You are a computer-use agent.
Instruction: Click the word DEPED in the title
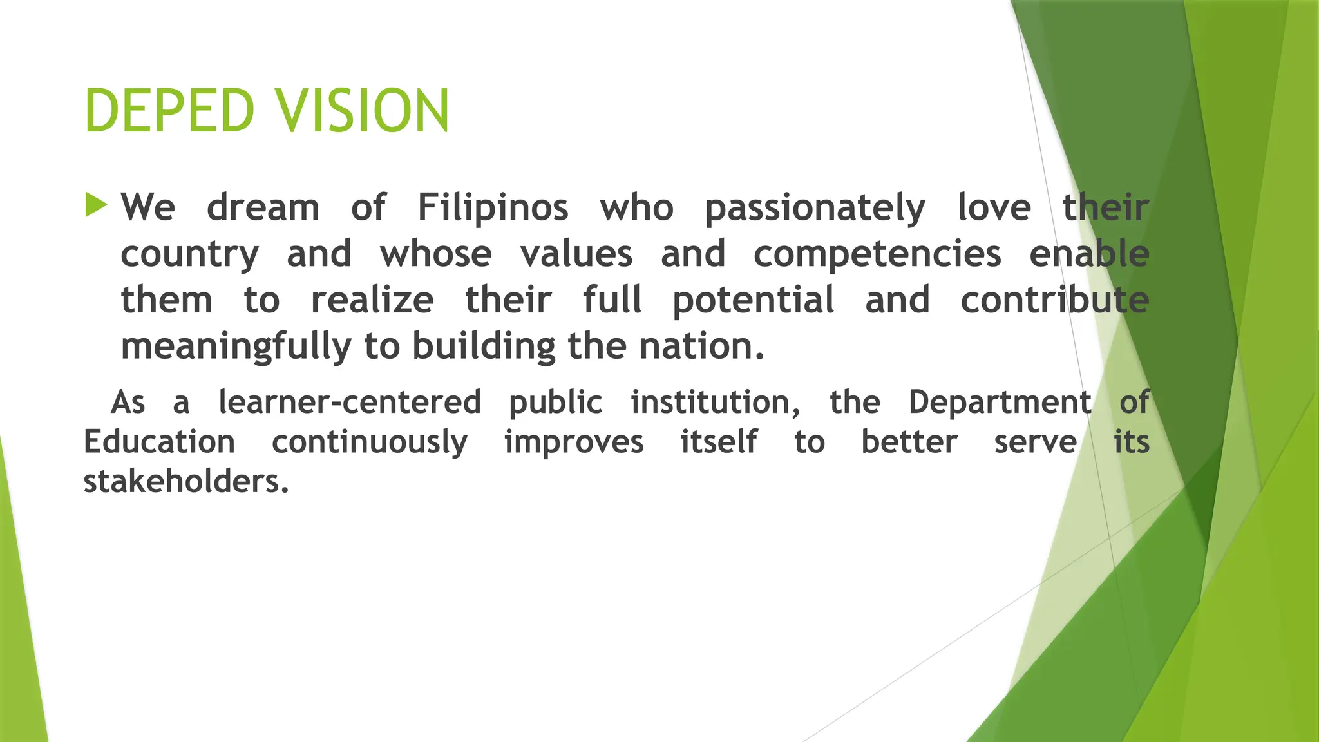169,111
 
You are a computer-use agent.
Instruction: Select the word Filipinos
493,208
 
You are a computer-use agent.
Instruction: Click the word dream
263,208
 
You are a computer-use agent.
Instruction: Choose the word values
576,254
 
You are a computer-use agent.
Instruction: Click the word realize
372,300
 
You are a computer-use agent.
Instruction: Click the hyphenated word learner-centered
350,403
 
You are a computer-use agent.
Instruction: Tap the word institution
715,403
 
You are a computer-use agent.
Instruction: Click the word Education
159,442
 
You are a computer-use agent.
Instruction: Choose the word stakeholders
185,482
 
